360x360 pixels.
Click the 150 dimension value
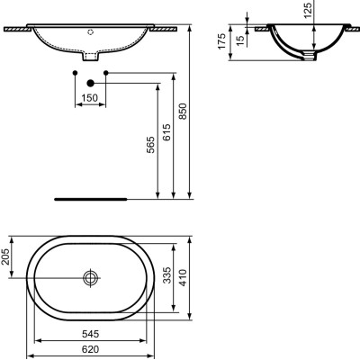pyautogui.click(x=87, y=96)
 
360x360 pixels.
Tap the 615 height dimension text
pyautogui.click(x=168, y=132)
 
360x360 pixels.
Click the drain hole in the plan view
pyautogui.click(x=90, y=277)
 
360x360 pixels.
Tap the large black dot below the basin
pyautogui.click(x=90, y=83)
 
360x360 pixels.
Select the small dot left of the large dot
pyautogui.click(x=74, y=71)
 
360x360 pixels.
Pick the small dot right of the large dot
pyautogui.click(x=106, y=71)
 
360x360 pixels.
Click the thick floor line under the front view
pyautogui.click(x=90, y=196)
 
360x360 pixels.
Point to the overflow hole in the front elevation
pyautogui.click(x=91, y=28)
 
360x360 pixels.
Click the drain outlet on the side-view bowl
pyautogui.click(x=311, y=58)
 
